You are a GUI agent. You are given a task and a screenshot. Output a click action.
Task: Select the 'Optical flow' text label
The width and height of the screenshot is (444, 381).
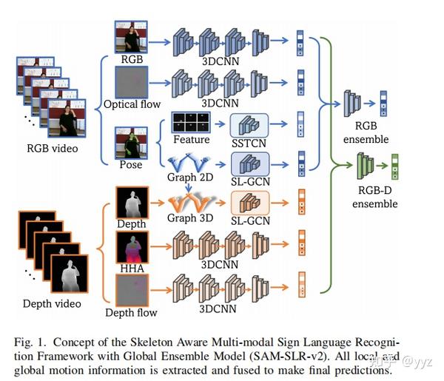coord(132,104)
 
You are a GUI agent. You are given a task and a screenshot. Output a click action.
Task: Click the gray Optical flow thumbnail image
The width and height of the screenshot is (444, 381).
coord(132,81)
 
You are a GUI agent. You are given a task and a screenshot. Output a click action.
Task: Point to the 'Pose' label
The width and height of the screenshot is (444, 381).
coord(132,164)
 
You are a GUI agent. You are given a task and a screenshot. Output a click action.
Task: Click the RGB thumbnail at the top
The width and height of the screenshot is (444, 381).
coord(132,36)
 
